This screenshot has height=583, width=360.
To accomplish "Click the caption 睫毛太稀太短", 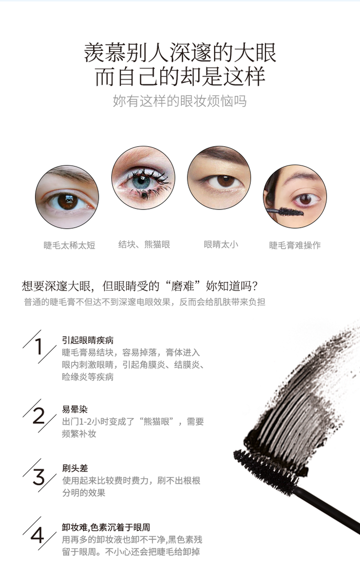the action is pos(70,245).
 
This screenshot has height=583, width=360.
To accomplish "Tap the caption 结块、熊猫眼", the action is pos(144,244).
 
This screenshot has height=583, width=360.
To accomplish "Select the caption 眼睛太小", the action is pos(221,244).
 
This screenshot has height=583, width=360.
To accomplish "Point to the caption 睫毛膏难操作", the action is pos(295,245).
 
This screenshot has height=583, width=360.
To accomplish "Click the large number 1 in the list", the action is pos(38,346).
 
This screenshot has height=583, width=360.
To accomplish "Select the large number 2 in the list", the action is pos(38,415).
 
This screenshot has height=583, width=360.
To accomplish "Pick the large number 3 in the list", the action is pos(38,477).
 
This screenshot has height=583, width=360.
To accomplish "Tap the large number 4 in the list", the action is pos(37,535).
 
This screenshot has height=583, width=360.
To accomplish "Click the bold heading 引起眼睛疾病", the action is pos(88,340).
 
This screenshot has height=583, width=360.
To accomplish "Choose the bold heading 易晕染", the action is pos(75,410).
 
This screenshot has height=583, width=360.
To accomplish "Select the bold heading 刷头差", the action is pos(75,468).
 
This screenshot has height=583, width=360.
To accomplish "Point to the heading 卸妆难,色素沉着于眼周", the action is pos(106,527).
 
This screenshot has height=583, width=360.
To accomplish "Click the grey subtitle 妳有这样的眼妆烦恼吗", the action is pos(180,101).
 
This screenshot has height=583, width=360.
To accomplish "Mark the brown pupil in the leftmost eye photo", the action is pos(68,201).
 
